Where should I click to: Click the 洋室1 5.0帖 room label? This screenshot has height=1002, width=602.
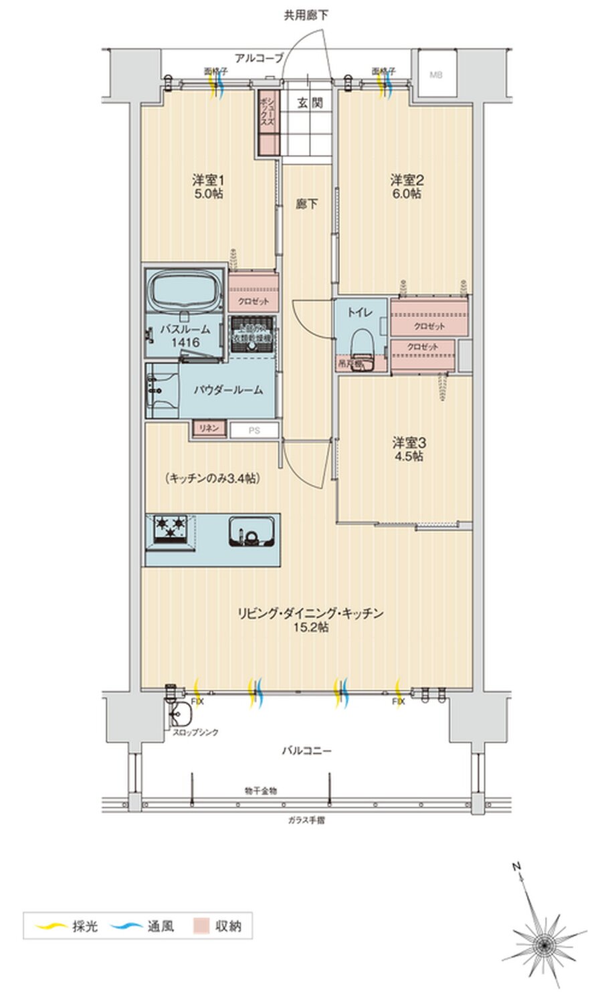[x=208, y=187]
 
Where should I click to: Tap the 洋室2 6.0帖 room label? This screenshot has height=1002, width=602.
[x=406, y=187]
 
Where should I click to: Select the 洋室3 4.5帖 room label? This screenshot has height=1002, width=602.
[x=408, y=449]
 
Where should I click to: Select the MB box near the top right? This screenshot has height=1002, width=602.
[x=435, y=75]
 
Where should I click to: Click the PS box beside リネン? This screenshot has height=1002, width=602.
[x=254, y=430]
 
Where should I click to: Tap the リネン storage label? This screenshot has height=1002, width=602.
[x=209, y=429]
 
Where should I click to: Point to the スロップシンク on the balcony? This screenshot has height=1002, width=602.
[x=181, y=716]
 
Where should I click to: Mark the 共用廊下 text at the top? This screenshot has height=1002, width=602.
[x=306, y=15]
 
